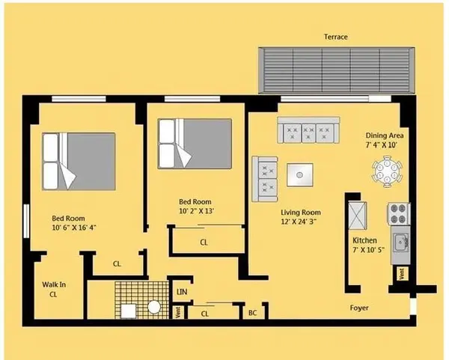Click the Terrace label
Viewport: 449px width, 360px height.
pos(335,37)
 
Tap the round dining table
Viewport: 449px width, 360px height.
pos(388,168)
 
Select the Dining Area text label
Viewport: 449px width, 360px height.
pos(385,135)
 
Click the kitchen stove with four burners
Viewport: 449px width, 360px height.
pos(399,213)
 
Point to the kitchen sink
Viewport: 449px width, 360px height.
pos(400,242)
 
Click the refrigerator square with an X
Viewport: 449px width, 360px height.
pos(358,214)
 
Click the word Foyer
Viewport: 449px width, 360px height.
pos(359,308)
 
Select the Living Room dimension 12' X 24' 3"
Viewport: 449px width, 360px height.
pos(299,222)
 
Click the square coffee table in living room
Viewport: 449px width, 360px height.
pos(299,175)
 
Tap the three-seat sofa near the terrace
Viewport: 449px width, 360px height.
pos(305,130)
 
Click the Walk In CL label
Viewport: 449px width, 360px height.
pos(53,290)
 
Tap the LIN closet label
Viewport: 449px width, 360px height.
pos(181,292)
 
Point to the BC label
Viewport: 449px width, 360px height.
pos(253,314)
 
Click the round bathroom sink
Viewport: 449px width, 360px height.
pos(154,307)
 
